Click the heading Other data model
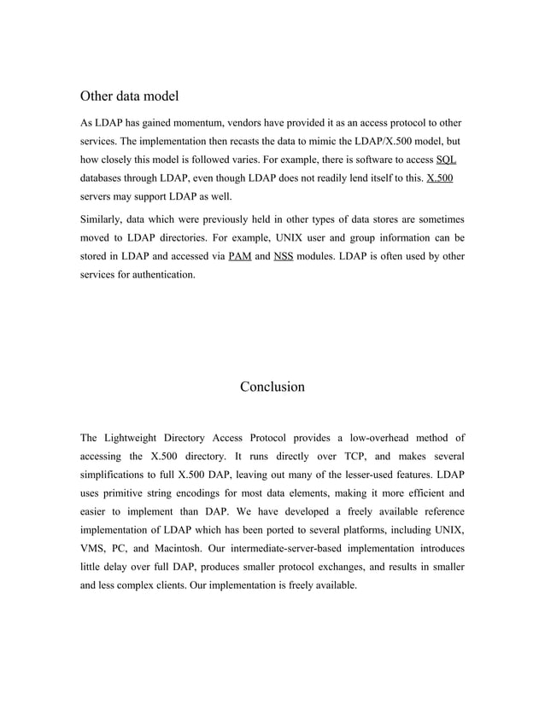(x=129, y=96)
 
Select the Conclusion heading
(x=272, y=387)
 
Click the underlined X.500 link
(x=439, y=179)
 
